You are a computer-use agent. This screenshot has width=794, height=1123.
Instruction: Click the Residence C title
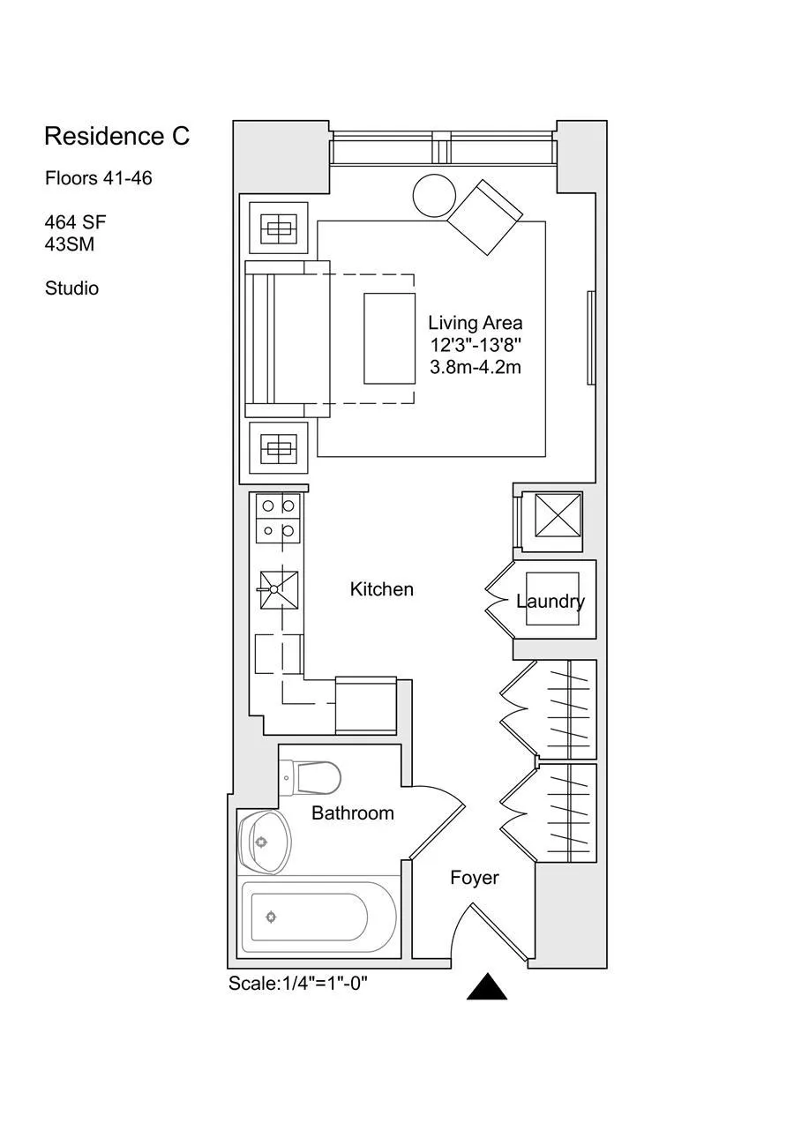point(116,137)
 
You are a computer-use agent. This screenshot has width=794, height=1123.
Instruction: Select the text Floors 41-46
point(98,178)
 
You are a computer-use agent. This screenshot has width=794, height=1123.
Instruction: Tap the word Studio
point(71,288)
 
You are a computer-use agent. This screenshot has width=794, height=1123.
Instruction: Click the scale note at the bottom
point(297,984)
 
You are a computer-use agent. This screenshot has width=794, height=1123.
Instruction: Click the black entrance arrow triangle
point(486,987)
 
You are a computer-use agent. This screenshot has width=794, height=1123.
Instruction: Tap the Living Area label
point(475,323)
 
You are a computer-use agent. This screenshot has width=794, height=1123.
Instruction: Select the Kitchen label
point(381,589)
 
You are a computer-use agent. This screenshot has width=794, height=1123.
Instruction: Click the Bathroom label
point(352,813)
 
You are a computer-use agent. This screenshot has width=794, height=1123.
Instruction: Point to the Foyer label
point(474,878)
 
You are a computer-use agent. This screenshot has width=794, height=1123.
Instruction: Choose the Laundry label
point(551,602)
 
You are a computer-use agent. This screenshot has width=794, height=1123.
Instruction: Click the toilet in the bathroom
point(315,777)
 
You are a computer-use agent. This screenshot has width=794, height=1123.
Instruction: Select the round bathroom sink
point(266,842)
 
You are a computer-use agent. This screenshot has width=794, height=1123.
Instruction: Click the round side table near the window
point(434,195)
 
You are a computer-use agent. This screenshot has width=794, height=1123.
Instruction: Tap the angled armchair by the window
point(485,217)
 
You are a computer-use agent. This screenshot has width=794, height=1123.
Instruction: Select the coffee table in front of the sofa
point(389,339)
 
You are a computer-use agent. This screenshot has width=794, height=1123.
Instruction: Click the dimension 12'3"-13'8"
point(475,345)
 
